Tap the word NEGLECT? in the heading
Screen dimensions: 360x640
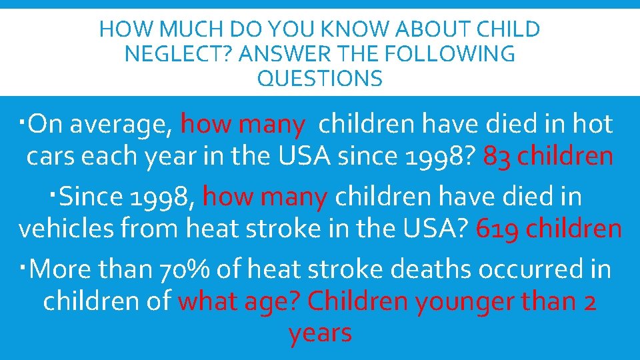[x=176, y=54]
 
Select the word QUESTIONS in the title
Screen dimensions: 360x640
[x=320, y=79]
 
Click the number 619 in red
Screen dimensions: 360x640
[x=496, y=229]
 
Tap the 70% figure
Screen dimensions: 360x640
[x=183, y=269]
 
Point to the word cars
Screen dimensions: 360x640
[x=50, y=157]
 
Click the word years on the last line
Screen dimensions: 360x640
[x=320, y=333]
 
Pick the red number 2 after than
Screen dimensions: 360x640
[x=589, y=302]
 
